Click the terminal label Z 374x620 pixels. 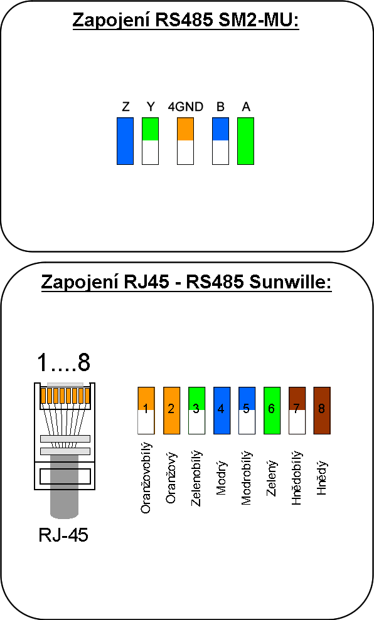126,107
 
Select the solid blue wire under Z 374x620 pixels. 125,141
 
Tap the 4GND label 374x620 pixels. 185,107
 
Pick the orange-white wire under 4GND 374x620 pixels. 185,141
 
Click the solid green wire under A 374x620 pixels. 245,141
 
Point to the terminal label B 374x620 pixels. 220,107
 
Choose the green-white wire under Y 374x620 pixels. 150,141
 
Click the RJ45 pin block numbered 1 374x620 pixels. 146,411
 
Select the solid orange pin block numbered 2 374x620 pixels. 171,411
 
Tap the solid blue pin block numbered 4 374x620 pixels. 222,411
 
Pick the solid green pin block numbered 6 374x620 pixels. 272,411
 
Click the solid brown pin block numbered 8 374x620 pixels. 322,411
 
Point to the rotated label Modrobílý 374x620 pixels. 246,478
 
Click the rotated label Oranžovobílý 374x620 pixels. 146,478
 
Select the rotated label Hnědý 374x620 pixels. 322,478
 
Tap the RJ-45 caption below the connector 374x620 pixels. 63,535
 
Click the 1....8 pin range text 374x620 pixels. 63,362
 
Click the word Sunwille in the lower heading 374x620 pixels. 290,282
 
